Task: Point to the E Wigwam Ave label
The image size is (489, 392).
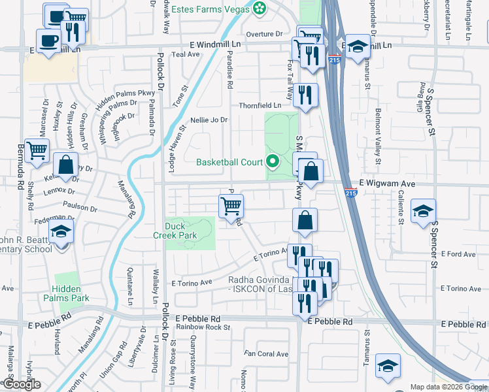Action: tap(387, 184)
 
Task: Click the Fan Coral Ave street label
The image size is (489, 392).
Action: tap(266, 354)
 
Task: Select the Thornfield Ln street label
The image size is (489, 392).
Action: tap(260, 105)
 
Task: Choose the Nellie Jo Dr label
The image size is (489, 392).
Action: tap(209, 120)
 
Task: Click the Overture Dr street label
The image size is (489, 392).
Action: tap(264, 34)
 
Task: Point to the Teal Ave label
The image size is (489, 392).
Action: tap(185, 55)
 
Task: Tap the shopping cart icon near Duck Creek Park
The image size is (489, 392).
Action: tap(231, 206)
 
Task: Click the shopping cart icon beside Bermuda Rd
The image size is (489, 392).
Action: tap(37, 151)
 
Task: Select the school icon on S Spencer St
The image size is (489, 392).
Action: tap(422, 210)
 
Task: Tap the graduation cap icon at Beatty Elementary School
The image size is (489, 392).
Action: tap(61, 231)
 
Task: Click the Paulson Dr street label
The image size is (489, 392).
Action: tap(80, 209)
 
